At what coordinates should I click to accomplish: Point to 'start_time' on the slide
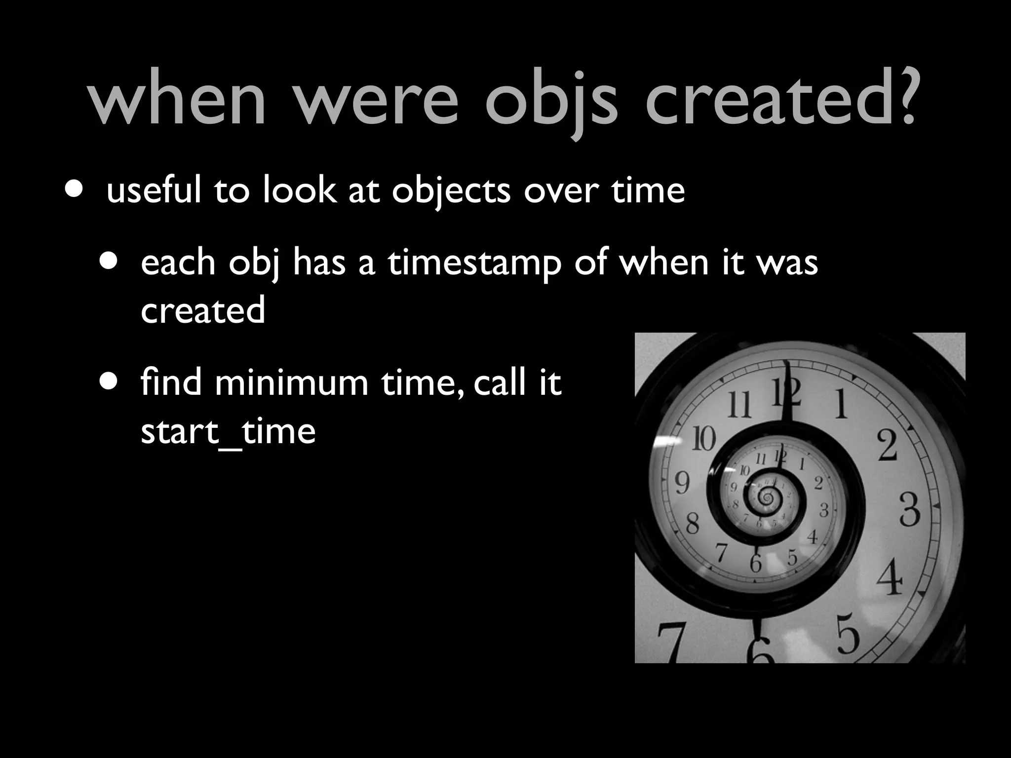228,431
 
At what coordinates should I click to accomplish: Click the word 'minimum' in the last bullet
291,382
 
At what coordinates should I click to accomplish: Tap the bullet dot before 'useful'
74,190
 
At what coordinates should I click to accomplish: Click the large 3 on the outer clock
909,510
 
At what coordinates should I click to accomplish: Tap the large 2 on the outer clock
888,446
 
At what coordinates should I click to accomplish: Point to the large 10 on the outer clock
703,439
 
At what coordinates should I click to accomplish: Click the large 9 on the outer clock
682,483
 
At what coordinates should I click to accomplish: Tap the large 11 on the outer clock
739,404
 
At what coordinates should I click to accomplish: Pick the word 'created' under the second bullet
203,310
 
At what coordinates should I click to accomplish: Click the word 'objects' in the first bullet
451,190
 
